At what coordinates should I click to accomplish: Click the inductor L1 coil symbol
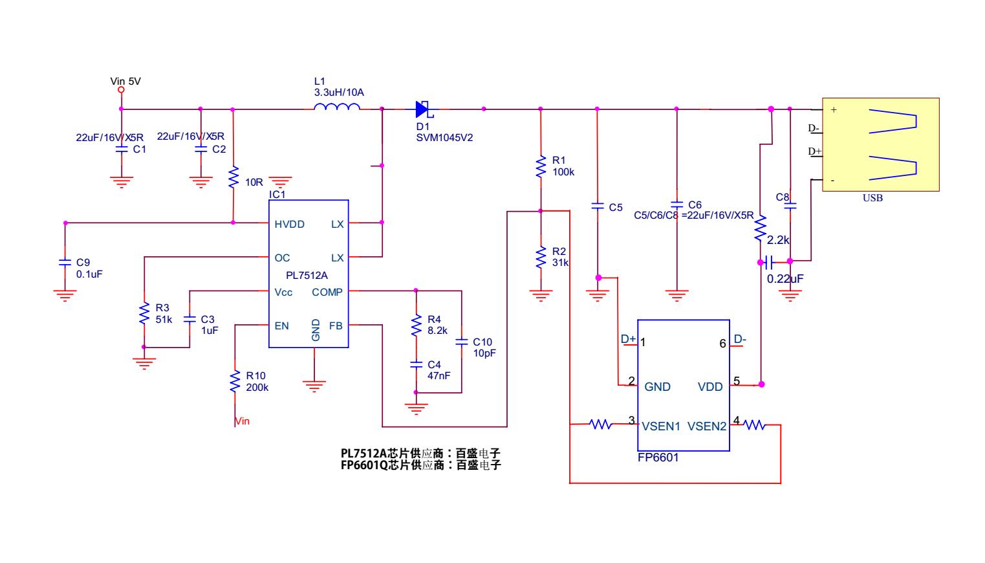click(337, 107)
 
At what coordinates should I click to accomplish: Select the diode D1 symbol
click(423, 109)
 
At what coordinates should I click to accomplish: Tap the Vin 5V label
click(125, 82)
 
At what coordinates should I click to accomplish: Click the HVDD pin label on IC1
click(289, 225)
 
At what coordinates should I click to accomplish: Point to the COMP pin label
click(327, 293)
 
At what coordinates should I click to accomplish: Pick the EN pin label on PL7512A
click(281, 326)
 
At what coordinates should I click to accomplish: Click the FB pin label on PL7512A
click(336, 326)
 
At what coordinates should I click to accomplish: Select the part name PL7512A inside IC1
click(307, 276)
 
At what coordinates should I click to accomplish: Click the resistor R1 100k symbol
click(541, 166)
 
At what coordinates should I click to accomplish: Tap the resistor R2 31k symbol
click(541, 258)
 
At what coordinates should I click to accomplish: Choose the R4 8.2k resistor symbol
click(416, 326)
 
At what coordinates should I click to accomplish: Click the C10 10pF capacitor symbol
click(461, 342)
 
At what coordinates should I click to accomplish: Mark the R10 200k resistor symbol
click(235, 382)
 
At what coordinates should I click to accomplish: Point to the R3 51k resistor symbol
click(144, 314)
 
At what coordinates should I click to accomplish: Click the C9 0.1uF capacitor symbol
click(65, 262)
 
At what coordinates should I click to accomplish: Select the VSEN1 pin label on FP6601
click(660, 426)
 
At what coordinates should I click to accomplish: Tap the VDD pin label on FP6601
click(710, 387)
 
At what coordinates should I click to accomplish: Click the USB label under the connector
click(872, 198)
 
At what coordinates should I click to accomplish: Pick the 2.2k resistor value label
click(778, 240)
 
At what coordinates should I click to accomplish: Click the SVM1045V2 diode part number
click(444, 138)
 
